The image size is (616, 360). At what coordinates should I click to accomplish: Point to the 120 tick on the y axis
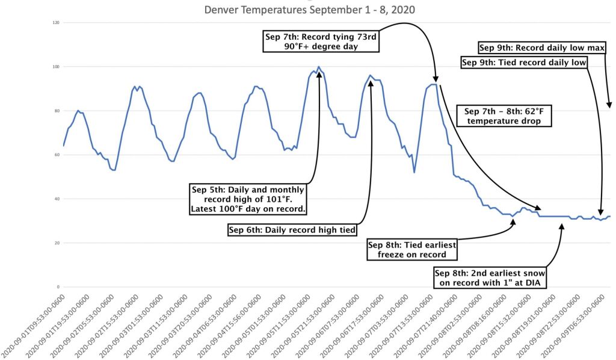pos(56,23)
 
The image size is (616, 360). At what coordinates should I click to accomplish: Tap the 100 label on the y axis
pos(56,67)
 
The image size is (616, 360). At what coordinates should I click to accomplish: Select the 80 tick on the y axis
pos(57,111)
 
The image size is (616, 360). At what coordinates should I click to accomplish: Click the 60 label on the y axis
pos(57,155)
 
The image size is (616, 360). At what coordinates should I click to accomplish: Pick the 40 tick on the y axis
pos(57,199)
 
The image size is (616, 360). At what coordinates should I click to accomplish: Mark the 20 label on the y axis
pos(57,243)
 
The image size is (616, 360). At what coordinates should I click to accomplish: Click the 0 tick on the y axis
pos(58,287)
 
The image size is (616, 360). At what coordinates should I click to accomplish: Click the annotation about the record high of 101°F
pos(247,199)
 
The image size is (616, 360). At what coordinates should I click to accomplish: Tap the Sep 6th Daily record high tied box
pos(292,229)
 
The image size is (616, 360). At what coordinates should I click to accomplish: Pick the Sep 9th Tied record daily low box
pos(524,62)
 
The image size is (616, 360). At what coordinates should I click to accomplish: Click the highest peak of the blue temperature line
pos(318,67)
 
